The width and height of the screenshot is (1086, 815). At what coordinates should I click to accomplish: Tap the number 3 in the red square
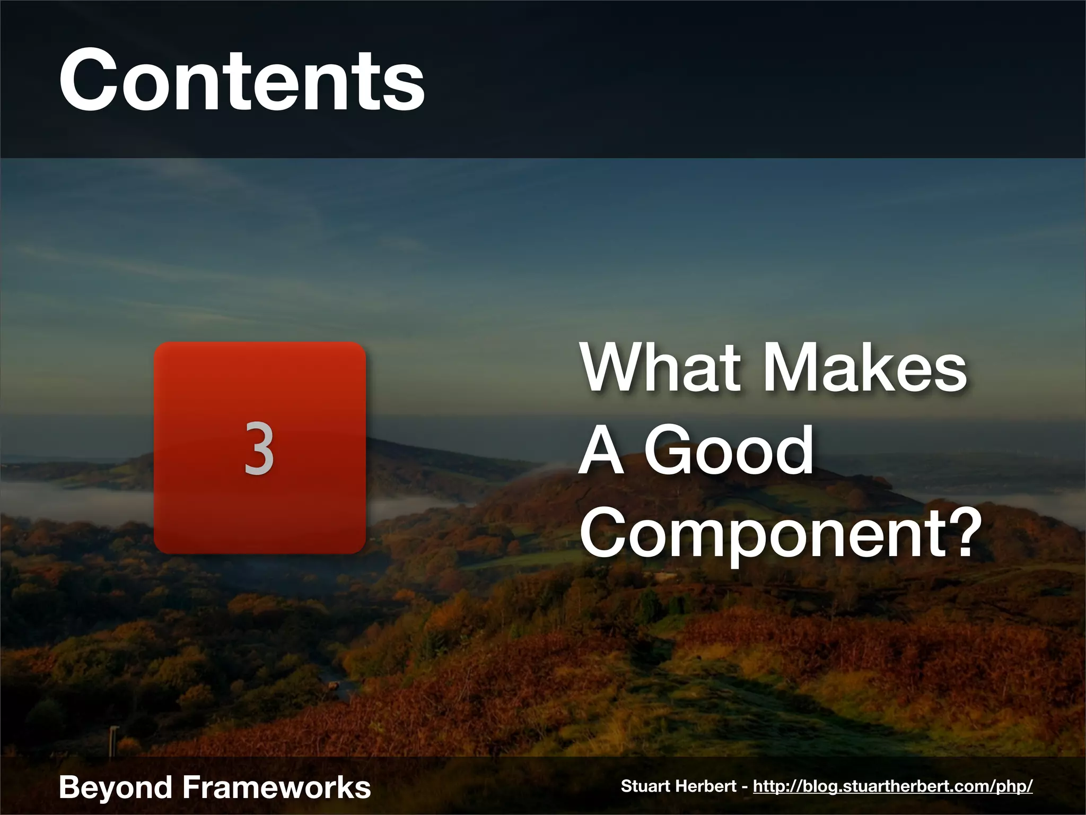pos(259,448)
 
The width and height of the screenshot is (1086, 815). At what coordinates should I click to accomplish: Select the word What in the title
pos(660,367)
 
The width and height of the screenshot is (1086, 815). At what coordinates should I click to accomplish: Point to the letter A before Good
pos(601,451)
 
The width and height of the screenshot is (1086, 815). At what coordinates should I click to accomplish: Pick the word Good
pos(729,451)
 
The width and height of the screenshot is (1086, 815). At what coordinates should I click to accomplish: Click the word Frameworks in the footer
pos(276,787)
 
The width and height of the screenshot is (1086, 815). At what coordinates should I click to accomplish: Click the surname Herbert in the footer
pos(714,786)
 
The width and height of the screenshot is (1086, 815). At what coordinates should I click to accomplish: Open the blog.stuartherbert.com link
pos(892,786)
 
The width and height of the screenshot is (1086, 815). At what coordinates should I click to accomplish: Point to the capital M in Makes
pos(793,367)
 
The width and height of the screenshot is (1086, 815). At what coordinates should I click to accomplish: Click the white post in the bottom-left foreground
pos(113,739)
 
